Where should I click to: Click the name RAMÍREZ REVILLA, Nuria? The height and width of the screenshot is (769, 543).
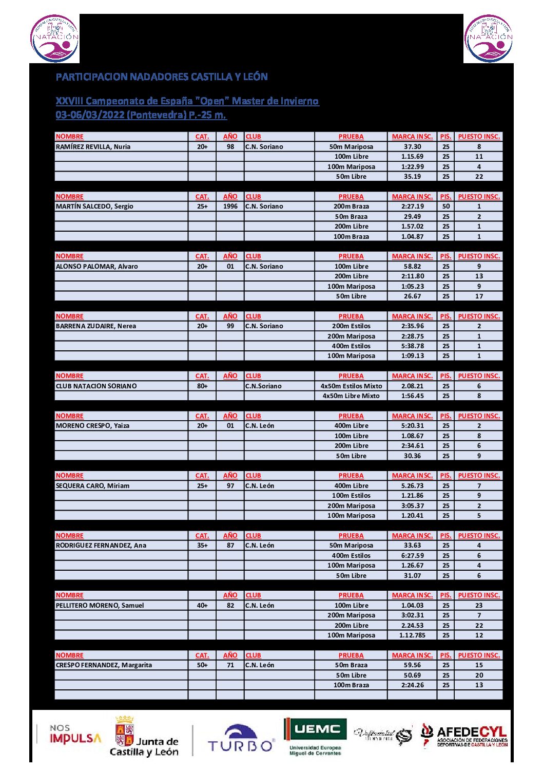point(93,147)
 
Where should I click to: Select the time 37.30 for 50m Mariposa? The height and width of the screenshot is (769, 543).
point(412,147)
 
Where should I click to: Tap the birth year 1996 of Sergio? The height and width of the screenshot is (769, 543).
point(230,207)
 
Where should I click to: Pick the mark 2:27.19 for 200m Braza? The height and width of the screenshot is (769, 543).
point(412,207)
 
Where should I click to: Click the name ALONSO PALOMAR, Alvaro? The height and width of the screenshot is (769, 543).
point(96,267)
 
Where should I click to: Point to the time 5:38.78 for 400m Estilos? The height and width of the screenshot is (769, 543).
point(412,346)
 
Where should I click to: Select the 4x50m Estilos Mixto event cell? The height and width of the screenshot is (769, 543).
point(351,386)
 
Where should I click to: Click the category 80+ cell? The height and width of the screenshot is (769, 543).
point(202,386)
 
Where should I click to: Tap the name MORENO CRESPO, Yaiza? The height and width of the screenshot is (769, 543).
point(92,426)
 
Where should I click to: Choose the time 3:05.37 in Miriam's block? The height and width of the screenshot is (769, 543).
point(412,506)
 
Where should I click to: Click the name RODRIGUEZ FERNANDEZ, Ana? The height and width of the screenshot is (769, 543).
point(101,546)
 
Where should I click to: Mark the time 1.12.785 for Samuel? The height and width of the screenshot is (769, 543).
point(412,635)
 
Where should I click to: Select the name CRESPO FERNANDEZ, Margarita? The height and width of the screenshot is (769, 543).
point(104,665)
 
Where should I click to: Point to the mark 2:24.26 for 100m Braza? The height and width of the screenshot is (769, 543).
point(412,685)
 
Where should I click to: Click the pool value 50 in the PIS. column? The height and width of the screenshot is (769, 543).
point(445,207)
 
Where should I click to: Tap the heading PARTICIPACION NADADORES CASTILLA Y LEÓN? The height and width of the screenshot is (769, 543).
point(162,77)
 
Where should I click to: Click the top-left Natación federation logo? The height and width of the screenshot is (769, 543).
point(55,39)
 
